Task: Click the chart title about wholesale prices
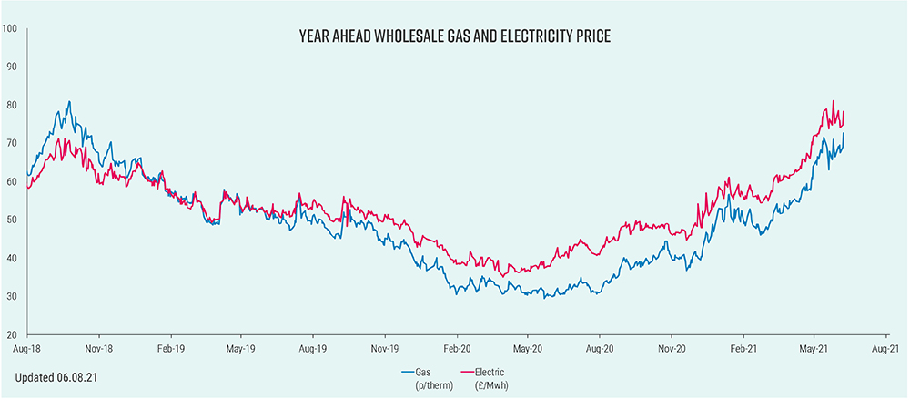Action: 455,37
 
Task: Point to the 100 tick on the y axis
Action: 10,28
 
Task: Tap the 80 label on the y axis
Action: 12,105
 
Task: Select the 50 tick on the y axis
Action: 12,220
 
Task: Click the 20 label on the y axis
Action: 12,334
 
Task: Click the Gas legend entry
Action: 420,372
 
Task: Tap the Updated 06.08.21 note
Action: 54,376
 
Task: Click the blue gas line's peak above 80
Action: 70,102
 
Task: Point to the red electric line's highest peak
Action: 834,101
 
